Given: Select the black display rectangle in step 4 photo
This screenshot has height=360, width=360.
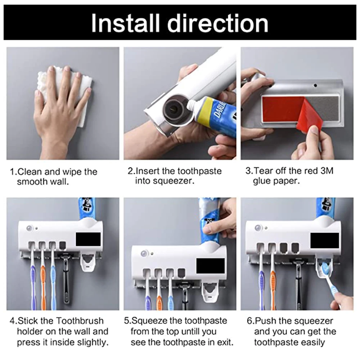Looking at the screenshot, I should (x=88, y=239).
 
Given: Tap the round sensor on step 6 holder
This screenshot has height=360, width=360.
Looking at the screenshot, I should (x=258, y=228).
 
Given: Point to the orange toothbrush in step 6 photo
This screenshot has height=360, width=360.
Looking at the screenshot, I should (x=273, y=284).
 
